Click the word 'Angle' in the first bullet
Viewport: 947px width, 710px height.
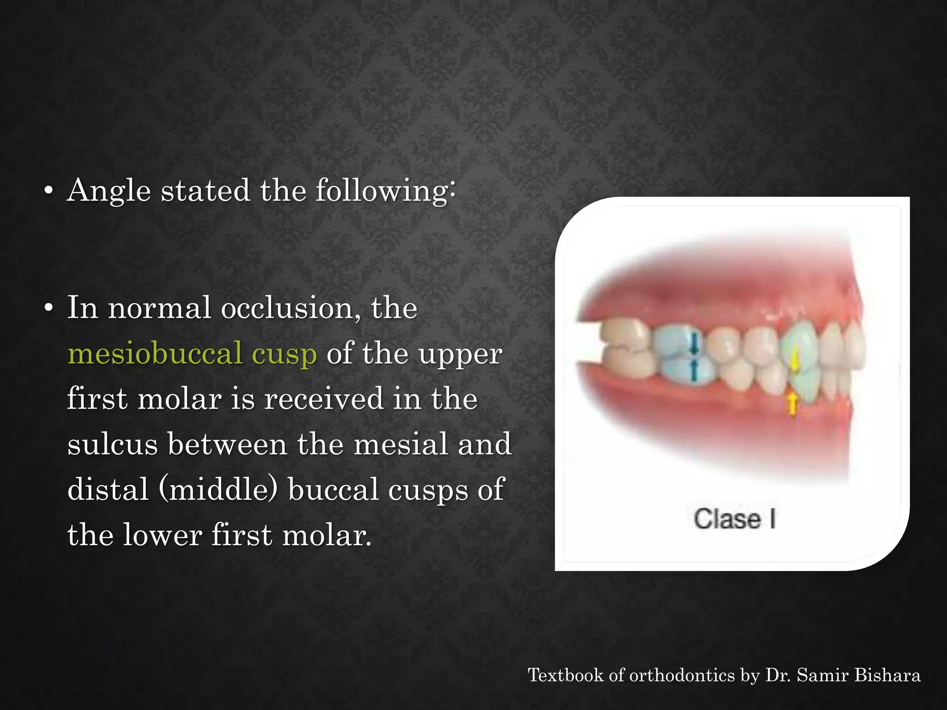pyautogui.click(x=109, y=190)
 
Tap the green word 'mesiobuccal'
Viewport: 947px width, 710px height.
pyautogui.click(x=155, y=354)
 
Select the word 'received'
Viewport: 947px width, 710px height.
pyautogui.click(x=324, y=399)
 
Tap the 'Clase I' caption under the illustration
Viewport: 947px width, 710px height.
pyautogui.click(x=734, y=519)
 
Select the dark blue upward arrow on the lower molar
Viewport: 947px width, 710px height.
pyautogui.click(x=693, y=370)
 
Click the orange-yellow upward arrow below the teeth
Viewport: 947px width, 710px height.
pyautogui.click(x=793, y=403)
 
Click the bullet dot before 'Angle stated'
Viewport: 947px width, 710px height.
pyautogui.click(x=49, y=191)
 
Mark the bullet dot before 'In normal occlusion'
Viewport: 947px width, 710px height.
pyautogui.click(x=49, y=309)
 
